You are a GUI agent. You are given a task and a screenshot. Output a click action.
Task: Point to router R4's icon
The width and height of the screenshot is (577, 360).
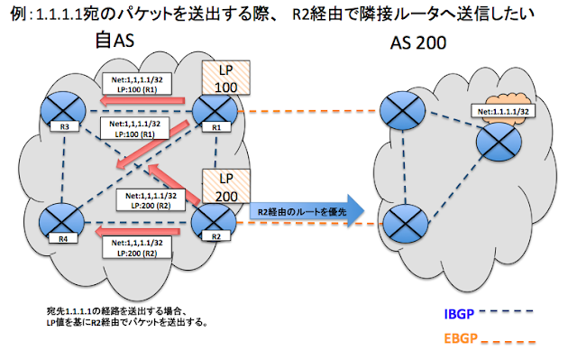pos(59,219)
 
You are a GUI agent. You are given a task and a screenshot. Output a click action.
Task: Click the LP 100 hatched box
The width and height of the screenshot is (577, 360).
pos(221,77)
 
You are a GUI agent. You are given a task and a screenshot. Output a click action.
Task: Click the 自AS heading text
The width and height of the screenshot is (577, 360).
pos(116,42)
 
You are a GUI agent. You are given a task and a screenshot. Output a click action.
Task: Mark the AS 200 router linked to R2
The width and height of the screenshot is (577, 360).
pos(399,218)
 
